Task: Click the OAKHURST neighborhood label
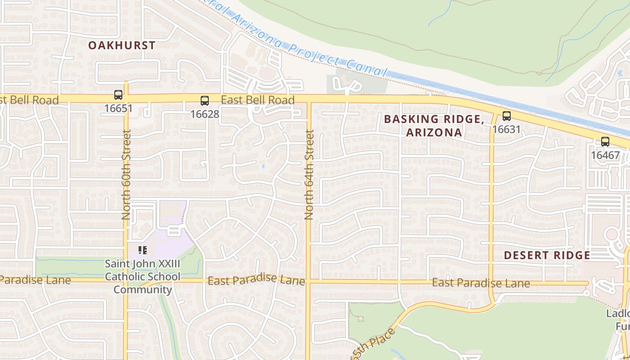coord(121,45)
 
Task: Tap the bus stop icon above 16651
coord(118,95)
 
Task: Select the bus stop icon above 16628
coord(205,101)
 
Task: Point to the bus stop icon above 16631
coord(507,116)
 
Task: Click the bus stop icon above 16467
coord(605,142)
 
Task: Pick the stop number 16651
coord(118,108)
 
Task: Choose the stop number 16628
coord(205,114)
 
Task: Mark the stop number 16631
coord(506,130)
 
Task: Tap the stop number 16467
coord(605,155)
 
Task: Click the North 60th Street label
coord(126,175)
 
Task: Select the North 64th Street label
coord(309,175)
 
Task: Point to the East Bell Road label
coord(258,100)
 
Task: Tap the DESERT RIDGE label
coord(547,256)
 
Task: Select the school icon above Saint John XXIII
coord(143,250)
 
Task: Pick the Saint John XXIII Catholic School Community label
coord(143,276)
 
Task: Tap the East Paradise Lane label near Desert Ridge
coord(481,283)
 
